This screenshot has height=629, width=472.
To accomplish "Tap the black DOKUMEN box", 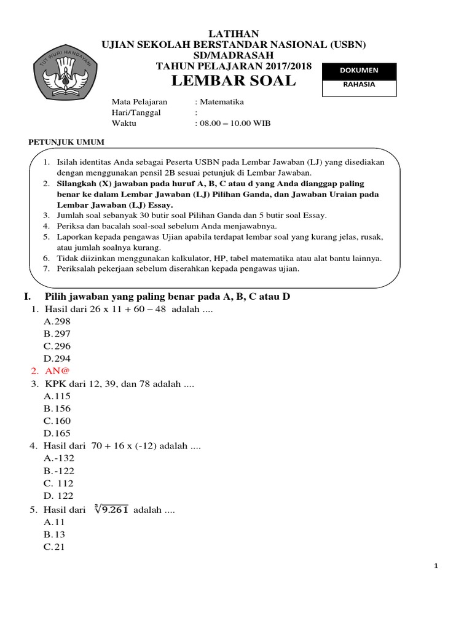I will [x=360, y=71].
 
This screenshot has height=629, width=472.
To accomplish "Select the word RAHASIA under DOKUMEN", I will [x=360, y=85].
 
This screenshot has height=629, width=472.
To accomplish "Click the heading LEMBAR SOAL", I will [x=233, y=81].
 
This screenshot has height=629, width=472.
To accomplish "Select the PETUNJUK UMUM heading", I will [x=67, y=142].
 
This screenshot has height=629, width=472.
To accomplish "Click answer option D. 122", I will [x=58, y=496].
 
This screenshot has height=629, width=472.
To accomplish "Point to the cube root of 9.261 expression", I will [x=112, y=509].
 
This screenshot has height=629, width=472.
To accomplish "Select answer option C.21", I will [x=54, y=547].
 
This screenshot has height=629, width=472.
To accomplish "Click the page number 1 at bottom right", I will [x=436, y=566].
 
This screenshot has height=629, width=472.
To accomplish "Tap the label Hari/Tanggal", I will [x=136, y=112].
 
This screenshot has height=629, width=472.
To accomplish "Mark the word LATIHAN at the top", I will [x=234, y=34].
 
